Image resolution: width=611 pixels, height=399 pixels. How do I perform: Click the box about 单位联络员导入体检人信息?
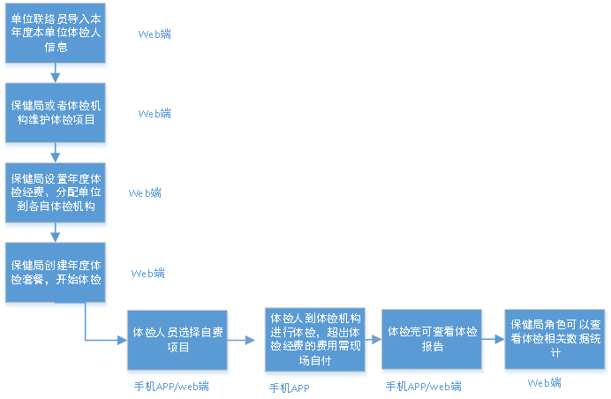tap(57, 34)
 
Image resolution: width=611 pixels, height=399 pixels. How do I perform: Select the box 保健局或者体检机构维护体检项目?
tap(57, 113)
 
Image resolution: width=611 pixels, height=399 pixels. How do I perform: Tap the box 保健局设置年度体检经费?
tap(57, 192)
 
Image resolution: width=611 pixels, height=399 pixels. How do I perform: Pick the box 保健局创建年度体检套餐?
tap(57, 272)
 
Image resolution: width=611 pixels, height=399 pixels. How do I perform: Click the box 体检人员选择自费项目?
tap(178, 340)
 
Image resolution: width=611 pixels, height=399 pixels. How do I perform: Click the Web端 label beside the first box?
tap(155, 34)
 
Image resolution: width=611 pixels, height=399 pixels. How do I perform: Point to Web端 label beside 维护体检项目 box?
tap(155, 114)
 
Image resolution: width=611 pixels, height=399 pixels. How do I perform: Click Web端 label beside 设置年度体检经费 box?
tap(145, 192)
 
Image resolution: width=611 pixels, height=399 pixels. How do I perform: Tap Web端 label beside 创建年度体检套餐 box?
tap(148, 274)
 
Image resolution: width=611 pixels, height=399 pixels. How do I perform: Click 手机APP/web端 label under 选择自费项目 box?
tap(171, 386)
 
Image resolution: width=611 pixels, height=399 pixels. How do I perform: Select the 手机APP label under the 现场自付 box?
tap(289, 388)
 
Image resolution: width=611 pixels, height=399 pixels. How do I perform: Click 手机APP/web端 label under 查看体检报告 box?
tap(424, 387)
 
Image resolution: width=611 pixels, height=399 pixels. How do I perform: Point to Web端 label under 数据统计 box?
tap(544, 383)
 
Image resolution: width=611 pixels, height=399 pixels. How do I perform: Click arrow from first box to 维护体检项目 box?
tap(56, 75)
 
